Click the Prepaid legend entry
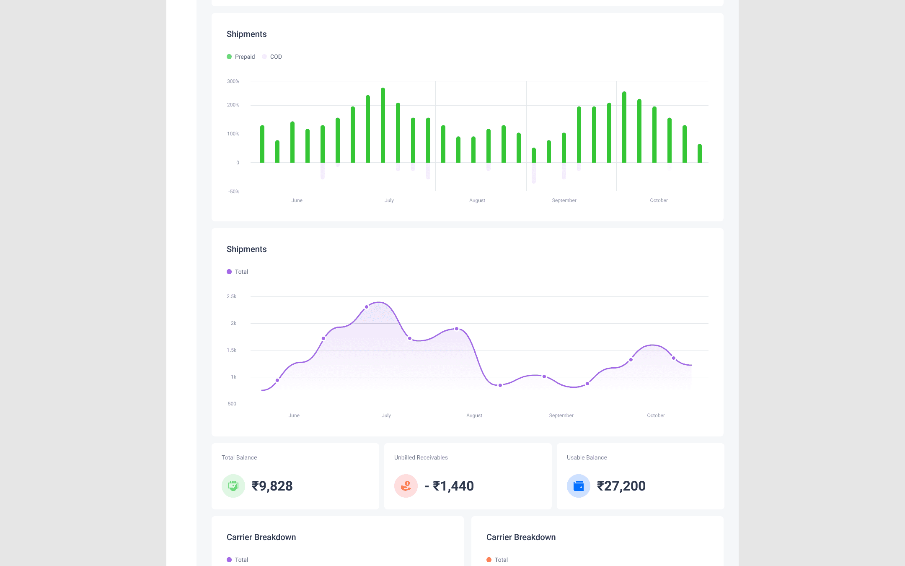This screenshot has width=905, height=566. (x=241, y=57)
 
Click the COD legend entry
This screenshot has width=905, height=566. (x=272, y=57)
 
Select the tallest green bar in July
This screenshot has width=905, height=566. (x=383, y=125)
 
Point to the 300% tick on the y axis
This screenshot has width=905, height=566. (x=233, y=81)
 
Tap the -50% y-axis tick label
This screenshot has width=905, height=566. (x=234, y=192)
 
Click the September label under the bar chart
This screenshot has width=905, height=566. (x=564, y=200)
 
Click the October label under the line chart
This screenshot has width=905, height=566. (x=656, y=415)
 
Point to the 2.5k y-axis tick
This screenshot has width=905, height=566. (x=232, y=296)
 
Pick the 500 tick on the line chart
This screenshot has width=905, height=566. (x=232, y=404)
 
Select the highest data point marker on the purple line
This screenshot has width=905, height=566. (x=367, y=307)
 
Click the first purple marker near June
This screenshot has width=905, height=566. (x=277, y=380)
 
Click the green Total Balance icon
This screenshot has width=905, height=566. (x=233, y=486)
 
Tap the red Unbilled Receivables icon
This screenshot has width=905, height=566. (x=406, y=486)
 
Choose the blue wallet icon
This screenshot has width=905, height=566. (x=579, y=486)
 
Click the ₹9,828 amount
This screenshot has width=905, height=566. (x=272, y=486)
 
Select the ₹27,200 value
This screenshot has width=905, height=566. (x=621, y=486)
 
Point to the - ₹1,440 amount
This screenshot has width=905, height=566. (x=449, y=486)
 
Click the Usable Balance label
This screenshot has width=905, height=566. (x=587, y=457)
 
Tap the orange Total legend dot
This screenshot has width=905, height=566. (x=489, y=560)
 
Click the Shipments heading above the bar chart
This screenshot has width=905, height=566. (x=247, y=34)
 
